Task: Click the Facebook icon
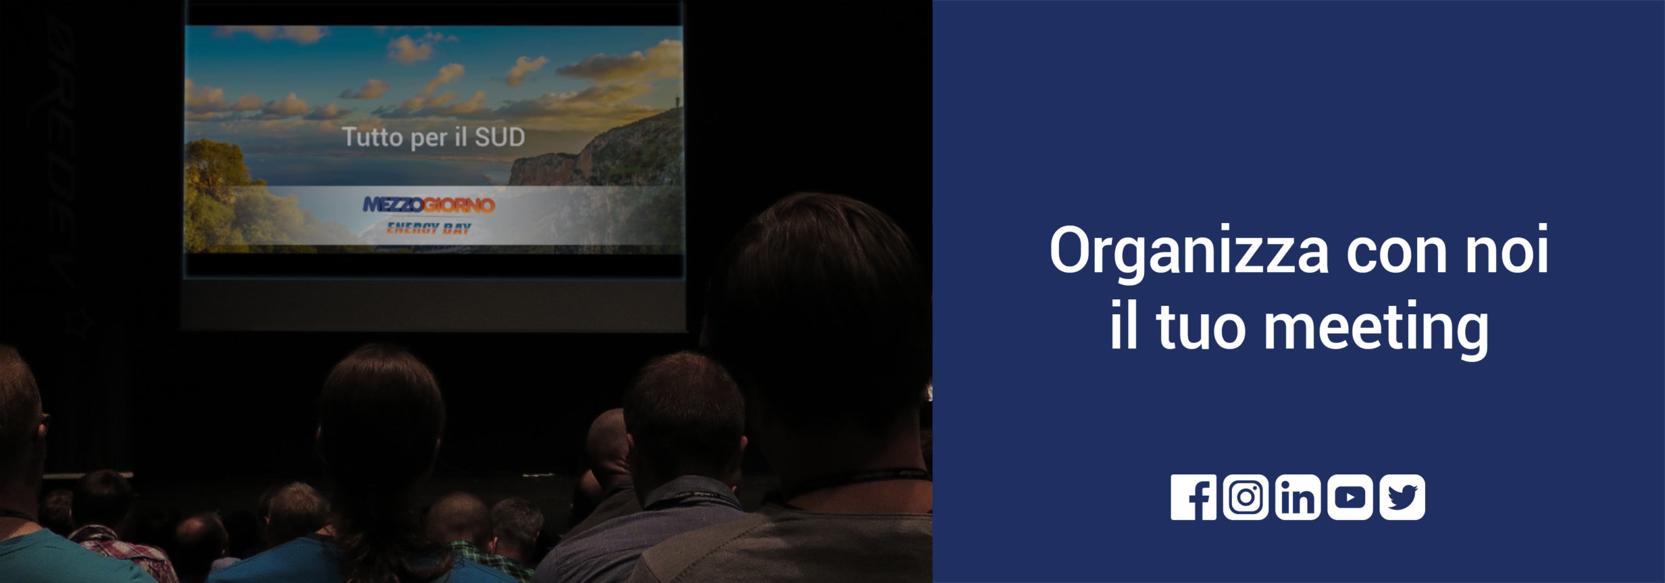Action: [x=1193, y=497]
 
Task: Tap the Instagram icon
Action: [x=1245, y=497]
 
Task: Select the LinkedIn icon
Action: [x=1298, y=497]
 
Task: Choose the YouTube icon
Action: [x=1350, y=497]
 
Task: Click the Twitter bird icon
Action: [x=1402, y=497]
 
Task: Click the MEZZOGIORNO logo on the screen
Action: [x=429, y=206]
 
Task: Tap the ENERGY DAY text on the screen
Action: [x=429, y=228]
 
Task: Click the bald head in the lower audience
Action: [x=609, y=442]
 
